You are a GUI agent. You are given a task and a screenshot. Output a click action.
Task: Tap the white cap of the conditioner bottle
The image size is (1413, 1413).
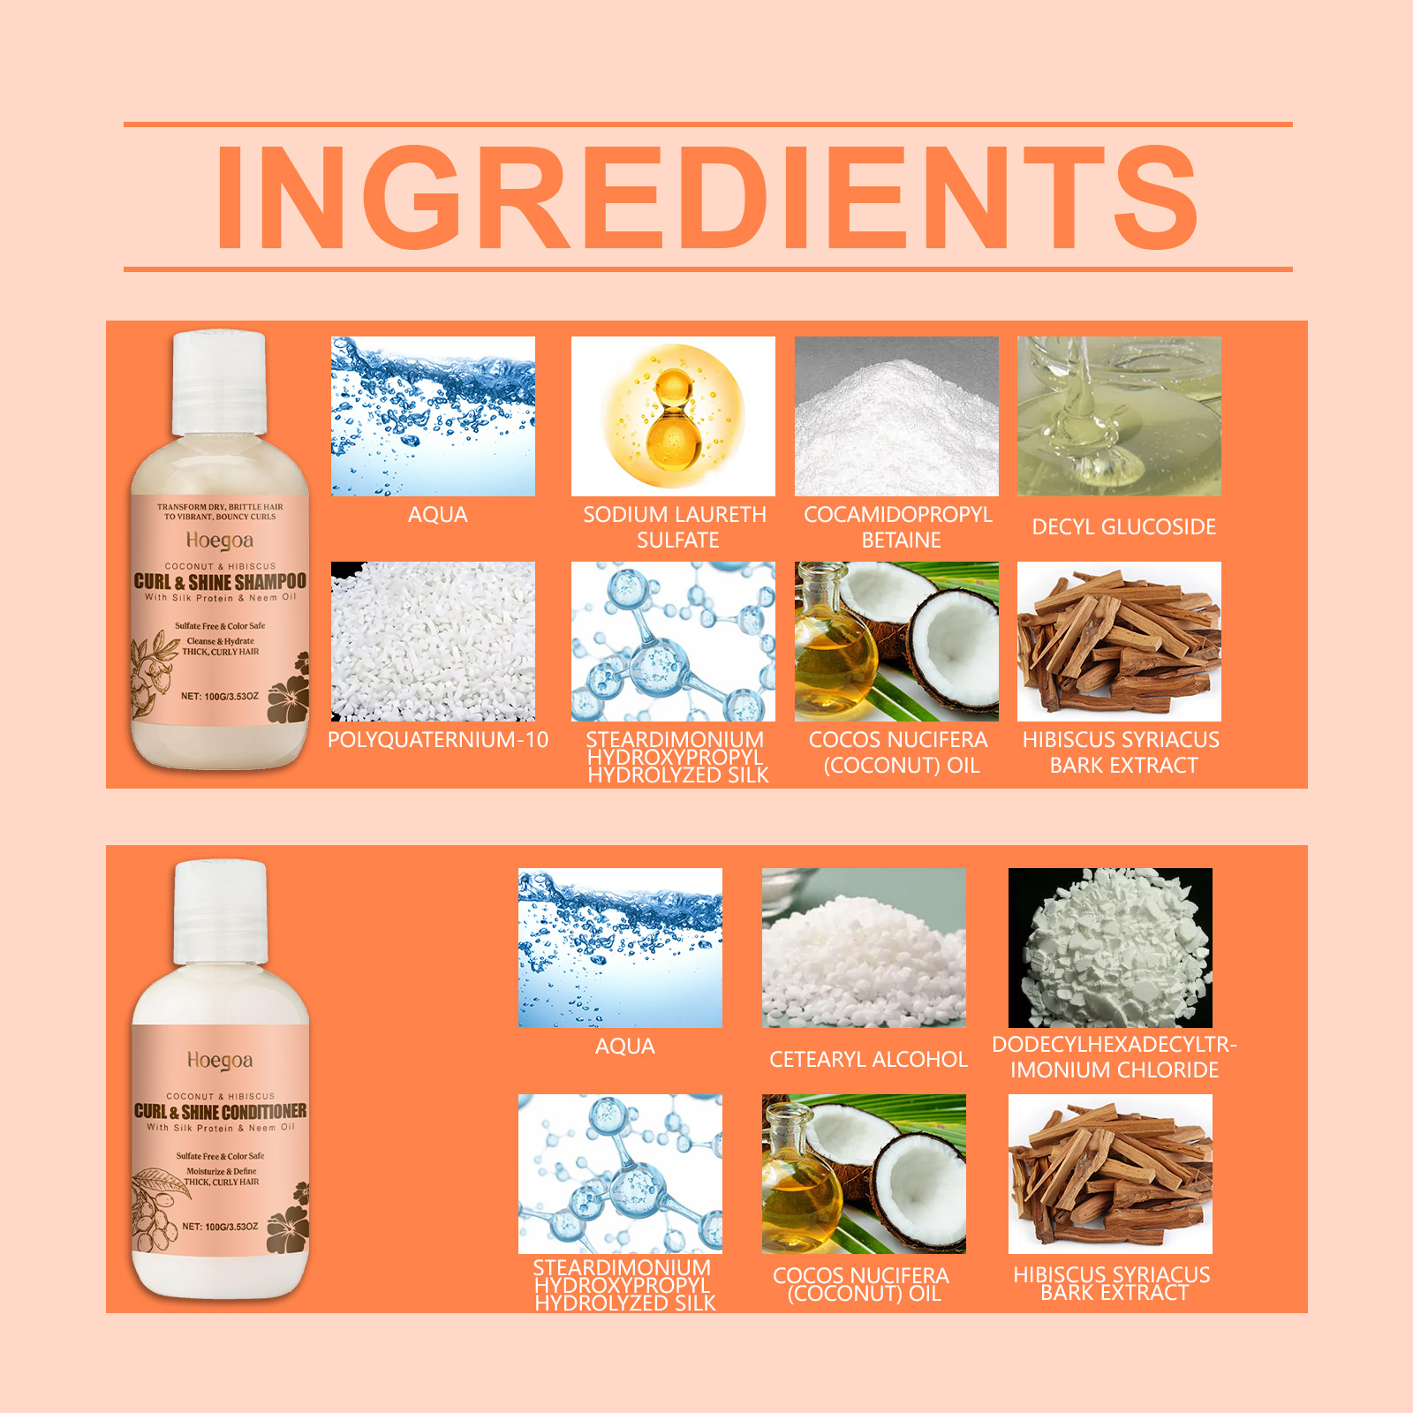tap(219, 912)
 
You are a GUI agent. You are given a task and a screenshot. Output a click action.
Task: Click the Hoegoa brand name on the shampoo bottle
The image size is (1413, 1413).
tap(220, 540)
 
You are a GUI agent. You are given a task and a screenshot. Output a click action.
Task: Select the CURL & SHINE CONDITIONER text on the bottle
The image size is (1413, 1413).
tap(221, 1111)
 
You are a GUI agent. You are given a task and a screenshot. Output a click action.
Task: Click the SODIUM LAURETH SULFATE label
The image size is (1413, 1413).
tap(676, 527)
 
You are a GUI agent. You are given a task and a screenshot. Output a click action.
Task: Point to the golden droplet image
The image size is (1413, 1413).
tap(673, 416)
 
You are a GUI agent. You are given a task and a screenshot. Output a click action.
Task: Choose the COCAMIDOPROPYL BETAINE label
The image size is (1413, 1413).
tap(899, 527)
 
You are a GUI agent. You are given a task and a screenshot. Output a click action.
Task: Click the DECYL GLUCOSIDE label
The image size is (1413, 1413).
tap(1124, 527)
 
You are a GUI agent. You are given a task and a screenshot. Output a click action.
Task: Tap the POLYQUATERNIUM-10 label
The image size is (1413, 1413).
tap(438, 740)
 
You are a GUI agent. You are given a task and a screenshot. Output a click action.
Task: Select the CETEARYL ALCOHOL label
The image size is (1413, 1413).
tap(868, 1060)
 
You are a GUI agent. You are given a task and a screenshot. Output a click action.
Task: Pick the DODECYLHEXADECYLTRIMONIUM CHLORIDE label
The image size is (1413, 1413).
tap(1115, 1057)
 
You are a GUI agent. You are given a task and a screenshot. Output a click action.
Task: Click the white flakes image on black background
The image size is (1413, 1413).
tap(1110, 948)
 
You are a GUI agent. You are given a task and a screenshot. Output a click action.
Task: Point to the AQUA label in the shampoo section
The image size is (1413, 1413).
tap(438, 515)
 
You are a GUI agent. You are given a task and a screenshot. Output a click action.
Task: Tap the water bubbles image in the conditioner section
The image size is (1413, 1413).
tap(620, 948)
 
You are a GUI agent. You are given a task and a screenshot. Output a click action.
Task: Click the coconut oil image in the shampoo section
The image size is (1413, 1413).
tap(896, 641)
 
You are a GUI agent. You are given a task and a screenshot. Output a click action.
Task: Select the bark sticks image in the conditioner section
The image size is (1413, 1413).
tap(1110, 1174)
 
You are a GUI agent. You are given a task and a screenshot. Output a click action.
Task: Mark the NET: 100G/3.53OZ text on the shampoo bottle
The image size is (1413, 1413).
tap(220, 697)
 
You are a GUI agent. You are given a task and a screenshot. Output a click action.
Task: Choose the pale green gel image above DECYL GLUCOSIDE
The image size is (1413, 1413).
tap(1119, 416)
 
